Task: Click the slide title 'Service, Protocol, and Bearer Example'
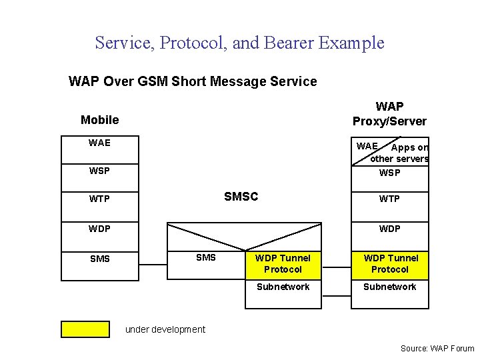pyautogui.click(x=239, y=43)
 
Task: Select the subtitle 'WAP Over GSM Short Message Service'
pyautogui.click(x=193, y=81)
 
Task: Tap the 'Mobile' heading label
pyautogui.click(x=99, y=120)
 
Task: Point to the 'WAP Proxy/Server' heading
pyautogui.click(x=389, y=113)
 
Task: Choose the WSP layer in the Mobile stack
pyautogui.click(x=99, y=171)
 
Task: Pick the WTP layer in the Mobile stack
pyautogui.click(x=99, y=199)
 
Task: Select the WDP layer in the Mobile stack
pyautogui.click(x=99, y=229)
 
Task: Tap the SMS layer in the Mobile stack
pyautogui.click(x=99, y=259)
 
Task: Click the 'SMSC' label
pyautogui.click(x=241, y=197)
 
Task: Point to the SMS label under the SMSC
pyautogui.click(x=205, y=257)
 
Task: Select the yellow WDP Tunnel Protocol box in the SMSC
pyautogui.click(x=283, y=264)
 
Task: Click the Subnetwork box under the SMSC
pyautogui.click(x=283, y=293)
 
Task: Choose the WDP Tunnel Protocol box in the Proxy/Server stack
pyautogui.click(x=389, y=264)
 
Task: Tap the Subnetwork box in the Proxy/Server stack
pyautogui.click(x=389, y=293)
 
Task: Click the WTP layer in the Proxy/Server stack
pyautogui.click(x=389, y=199)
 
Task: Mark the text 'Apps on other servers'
pyautogui.click(x=401, y=153)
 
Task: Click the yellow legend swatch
pyautogui.click(x=85, y=329)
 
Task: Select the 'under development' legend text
pyautogui.click(x=165, y=329)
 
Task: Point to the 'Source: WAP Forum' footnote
pyautogui.click(x=437, y=348)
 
